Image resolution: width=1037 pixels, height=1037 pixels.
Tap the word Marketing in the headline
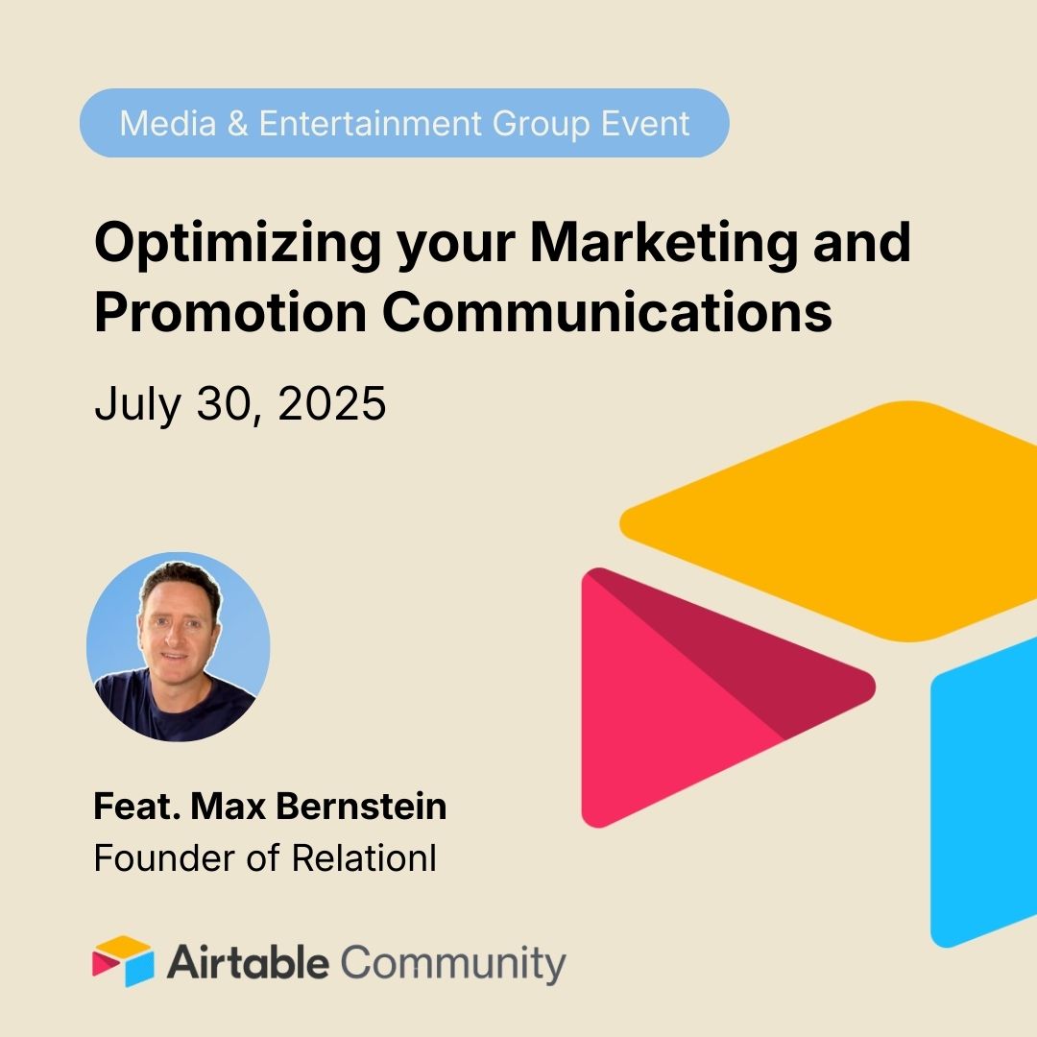pyautogui.click(x=663, y=244)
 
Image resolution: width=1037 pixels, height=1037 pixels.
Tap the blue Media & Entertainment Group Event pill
pyautogui.click(x=403, y=123)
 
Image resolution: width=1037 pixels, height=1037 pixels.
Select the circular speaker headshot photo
pyautogui.click(x=178, y=645)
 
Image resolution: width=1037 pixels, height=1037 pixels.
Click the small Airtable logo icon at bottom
pyautogui.click(x=123, y=960)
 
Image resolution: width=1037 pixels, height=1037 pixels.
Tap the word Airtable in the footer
pyautogui.click(x=249, y=963)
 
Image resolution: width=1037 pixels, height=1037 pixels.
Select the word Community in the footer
pyautogui.click(x=453, y=963)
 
